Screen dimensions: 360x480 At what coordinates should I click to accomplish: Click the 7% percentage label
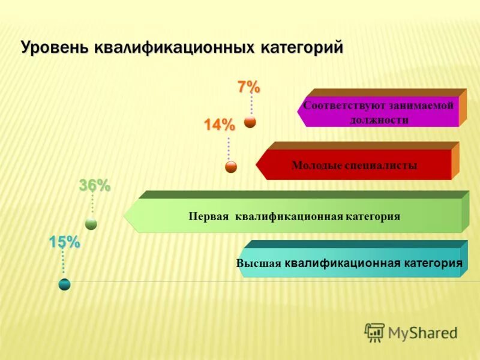(x=248, y=88)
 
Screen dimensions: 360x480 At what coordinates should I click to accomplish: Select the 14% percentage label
(x=219, y=125)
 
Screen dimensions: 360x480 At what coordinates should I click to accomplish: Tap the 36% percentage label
(x=95, y=187)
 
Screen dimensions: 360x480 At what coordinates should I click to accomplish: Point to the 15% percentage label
(x=64, y=242)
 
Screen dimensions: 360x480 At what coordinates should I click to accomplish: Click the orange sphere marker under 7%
(x=250, y=122)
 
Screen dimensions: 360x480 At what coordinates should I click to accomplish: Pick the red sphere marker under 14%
(x=231, y=167)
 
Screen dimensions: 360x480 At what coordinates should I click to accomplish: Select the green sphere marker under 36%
(x=91, y=224)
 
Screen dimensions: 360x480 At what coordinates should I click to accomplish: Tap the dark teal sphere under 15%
(x=65, y=284)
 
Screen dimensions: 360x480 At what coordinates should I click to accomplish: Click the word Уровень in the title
(x=55, y=47)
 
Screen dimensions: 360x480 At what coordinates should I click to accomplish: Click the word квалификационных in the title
(x=174, y=47)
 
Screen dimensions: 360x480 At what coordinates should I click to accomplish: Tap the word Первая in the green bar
(x=208, y=216)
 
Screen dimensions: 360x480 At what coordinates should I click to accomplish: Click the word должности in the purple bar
(x=379, y=120)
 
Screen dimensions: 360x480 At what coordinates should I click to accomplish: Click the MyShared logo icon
(x=374, y=332)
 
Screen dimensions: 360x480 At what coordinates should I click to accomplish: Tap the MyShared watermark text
(x=422, y=332)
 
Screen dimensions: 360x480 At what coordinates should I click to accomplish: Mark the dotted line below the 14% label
(x=229, y=148)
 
